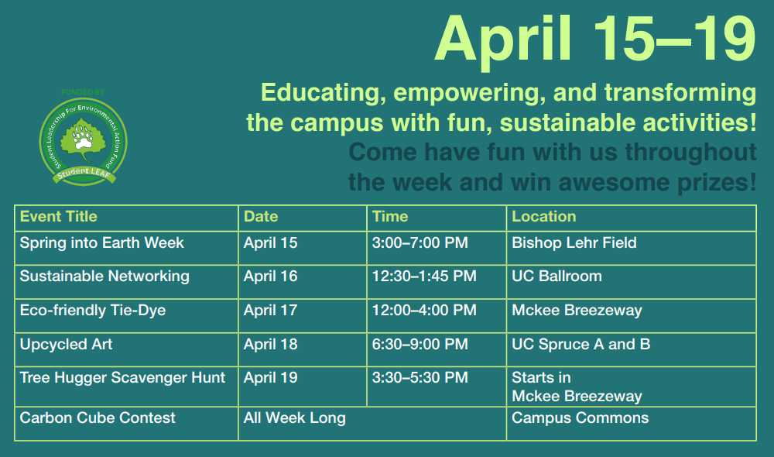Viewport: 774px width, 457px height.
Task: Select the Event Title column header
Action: click(x=59, y=217)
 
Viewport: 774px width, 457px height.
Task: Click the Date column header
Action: click(x=261, y=217)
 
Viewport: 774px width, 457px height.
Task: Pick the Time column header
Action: click(x=390, y=217)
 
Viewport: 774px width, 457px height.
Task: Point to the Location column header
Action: click(x=544, y=217)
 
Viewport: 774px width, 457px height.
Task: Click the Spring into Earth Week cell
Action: click(x=102, y=243)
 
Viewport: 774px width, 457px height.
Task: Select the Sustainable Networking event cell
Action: click(x=104, y=277)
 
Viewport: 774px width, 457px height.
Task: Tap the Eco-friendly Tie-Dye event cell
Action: click(x=93, y=311)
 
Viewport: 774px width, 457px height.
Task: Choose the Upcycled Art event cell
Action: click(x=67, y=345)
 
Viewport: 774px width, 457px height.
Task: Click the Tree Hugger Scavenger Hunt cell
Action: click(x=123, y=378)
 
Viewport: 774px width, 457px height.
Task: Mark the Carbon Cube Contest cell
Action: click(x=98, y=418)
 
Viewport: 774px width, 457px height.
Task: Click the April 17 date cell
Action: click(x=271, y=311)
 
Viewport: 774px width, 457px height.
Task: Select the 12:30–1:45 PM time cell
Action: click(x=424, y=277)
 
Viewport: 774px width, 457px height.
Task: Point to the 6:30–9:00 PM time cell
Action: click(x=420, y=345)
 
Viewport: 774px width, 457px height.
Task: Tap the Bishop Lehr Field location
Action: click(x=574, y=243)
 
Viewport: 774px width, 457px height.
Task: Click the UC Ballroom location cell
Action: click(x=557, y=277)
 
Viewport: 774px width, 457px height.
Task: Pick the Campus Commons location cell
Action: click(x=580, y=418)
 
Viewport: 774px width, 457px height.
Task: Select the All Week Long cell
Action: click(x=295, y=418)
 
